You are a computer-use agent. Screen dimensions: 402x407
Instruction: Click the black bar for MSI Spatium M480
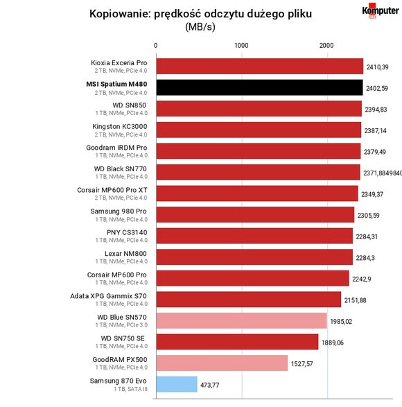coord(259,87)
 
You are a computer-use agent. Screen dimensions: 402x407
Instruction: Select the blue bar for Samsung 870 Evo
coord(177,384)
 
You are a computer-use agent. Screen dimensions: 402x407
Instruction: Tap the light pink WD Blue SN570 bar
coord(242,320)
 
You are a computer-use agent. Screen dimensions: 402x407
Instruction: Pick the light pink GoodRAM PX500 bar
coord(222,363)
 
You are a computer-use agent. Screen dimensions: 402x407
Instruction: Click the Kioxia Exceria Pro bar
coord(260,66)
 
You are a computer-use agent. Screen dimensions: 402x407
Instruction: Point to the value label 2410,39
coord(377,67)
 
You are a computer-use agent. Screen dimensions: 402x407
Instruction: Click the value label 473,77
coord(210,386)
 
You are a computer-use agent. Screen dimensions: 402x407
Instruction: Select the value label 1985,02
coord(341,322)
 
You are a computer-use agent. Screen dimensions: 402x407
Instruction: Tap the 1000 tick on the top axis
coord(241,46)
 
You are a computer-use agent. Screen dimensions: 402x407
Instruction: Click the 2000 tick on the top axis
coord(326,46)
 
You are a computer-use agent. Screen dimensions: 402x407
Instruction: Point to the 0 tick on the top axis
coord(155,46)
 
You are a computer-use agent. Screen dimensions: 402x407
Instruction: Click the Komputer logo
coord(381,10)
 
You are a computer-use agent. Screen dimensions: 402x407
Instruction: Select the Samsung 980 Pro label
coord(119,211)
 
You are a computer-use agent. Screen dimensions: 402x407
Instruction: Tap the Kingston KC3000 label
coord(120,126)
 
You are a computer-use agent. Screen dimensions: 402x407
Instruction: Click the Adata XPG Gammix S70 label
coord(109,296)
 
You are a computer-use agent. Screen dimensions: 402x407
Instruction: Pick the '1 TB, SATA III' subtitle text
coord(130,389)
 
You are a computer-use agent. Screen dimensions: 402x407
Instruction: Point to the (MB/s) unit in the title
coord(200,26)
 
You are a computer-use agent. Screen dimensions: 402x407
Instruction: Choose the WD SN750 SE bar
coord(237,342)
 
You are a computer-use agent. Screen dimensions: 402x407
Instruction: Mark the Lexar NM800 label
coord(125,254)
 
